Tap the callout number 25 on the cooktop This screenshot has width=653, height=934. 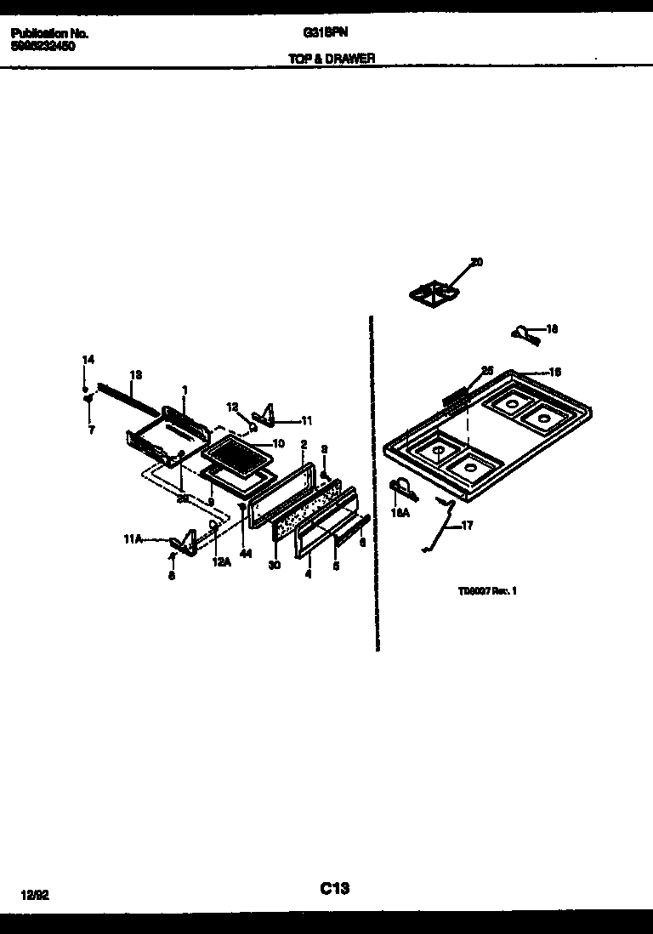pos(487,370)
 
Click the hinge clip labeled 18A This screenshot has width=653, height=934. pos(401,487)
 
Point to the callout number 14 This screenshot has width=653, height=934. pos(87,361)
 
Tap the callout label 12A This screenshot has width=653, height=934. pos(221,561)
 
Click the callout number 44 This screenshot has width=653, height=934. pos(246,554)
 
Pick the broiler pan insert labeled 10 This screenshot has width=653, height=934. pos(237,456)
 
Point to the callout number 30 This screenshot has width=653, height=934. pos(274,565)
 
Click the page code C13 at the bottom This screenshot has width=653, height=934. pos(335,889)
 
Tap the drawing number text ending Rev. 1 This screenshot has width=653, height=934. pos(486,589)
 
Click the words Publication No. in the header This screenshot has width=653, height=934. pos(50,34)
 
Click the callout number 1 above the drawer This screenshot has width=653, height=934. pos(184,390)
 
